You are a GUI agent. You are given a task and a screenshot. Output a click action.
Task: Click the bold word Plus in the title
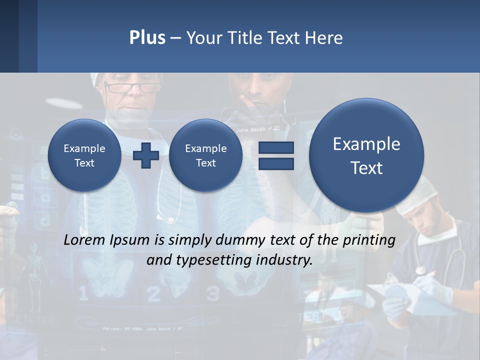pyautogui.click(x=147, y=38)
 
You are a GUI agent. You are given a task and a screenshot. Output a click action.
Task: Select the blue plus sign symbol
pyautogui.click(x=146, y=155)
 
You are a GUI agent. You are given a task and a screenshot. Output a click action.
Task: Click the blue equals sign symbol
pyautogui.click(x=276, y=155)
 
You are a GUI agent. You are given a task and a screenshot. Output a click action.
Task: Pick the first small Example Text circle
pyautogui.click(x=84, y=155)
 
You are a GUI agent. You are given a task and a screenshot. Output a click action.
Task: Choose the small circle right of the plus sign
pyautogui.click(x=205, y=155)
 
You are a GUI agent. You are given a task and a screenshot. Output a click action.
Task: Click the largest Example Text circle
pyautogui.click(x=366, y=155)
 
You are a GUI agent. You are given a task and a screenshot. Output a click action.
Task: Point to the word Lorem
pyautogui.click(x=84, y=240)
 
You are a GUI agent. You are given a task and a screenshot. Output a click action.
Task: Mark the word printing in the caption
pyautogui.click(x=369, y=240)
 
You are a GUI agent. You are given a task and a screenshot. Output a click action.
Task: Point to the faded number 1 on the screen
pyautogui.click(x=83, y=294)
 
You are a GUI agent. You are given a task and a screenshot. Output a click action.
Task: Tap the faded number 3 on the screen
pyautogui.click(x=213, y=294)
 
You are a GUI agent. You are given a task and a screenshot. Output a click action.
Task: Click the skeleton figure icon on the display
pyautogui.click(x=34, y=272)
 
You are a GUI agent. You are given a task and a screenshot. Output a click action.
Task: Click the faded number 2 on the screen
pyautogui.click(x=153, y=294)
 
